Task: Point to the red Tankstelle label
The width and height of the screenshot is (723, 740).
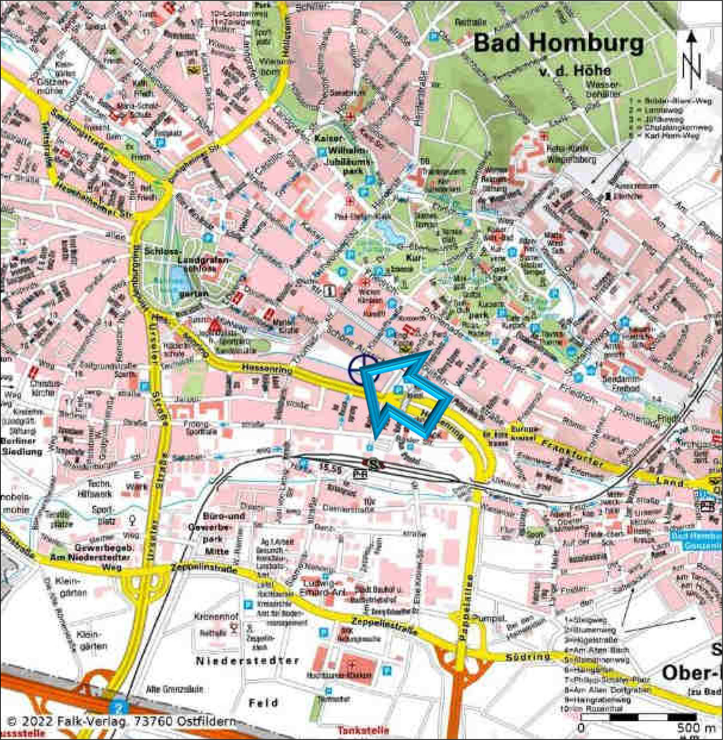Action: point(363,730)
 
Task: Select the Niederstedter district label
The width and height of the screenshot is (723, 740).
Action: point(247,661)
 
